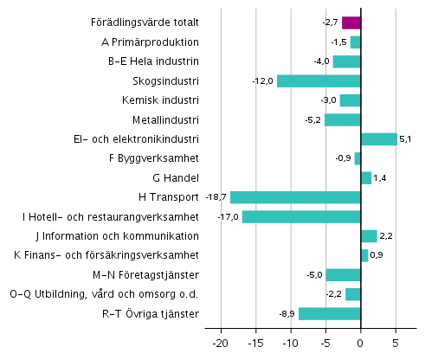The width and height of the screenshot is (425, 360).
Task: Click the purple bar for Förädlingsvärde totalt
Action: (351, 22)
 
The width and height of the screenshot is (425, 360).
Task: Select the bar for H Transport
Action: (295, 197)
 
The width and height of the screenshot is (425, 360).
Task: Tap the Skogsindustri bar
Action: (319, 80)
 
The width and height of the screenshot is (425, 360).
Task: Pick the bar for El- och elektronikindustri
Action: (379, 139)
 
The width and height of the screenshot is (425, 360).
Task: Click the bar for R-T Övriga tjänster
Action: (330, 313)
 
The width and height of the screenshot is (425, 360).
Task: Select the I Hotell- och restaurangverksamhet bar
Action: (301, 216)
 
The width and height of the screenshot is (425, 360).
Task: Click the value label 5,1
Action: (409, 139)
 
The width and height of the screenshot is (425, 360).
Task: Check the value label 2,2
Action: (389, 236)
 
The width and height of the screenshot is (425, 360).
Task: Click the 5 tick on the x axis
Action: (396, 343)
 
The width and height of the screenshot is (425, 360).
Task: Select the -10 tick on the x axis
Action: (290, 343)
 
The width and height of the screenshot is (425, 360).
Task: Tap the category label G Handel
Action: (176, 178)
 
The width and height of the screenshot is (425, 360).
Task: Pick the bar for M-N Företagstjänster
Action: (343, 275)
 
